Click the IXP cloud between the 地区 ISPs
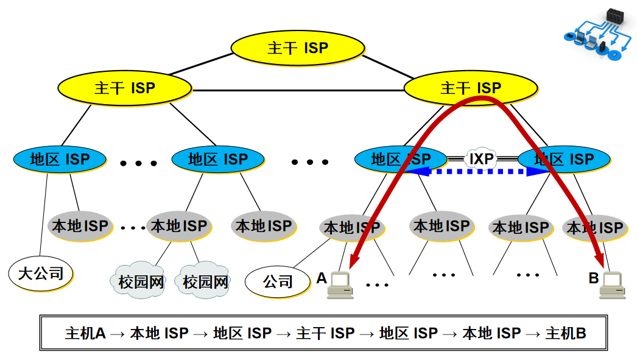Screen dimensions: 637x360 tap(482, 158)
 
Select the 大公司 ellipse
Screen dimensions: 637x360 tap(41, 274)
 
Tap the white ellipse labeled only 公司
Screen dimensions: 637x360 tap(278, 281)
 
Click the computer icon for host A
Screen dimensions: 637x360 tap(340, 285)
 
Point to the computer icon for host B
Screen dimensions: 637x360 tap(612, 285)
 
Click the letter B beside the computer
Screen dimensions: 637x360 tap(594, 278)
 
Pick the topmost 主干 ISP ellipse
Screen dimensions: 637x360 tap(298, 48)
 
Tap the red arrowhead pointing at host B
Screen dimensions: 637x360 tap(600, 260)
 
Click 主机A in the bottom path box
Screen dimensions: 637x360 tap(85, 334)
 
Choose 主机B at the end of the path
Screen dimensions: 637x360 tap(566, 334)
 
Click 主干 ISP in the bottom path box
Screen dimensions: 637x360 tap(325, 334)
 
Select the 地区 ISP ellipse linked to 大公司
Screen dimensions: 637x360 tap(60, 159)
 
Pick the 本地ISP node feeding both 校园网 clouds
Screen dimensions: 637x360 tap(179, 226)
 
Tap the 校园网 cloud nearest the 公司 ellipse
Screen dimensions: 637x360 tap(203, 280)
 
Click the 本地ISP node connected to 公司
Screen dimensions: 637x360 tap(352, 228)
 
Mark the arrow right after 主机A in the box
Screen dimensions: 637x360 tap(118, 334)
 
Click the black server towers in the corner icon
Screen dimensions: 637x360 tap(615, 15)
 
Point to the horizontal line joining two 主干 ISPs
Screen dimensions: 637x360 tap(298, 90)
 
